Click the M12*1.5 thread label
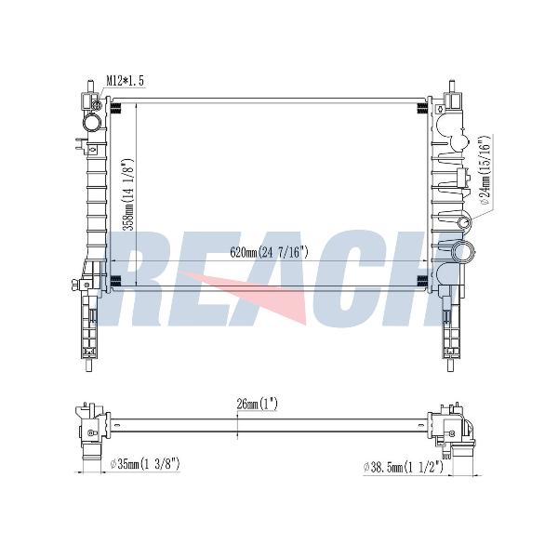(x=125, y=81)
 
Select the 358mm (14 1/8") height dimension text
(x=126, y=195)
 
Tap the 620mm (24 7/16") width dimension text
(x=270, y=252)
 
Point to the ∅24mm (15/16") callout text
(x=486, y=171)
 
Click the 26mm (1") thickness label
(x=257, y=405)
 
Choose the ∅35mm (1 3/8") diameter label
(x=145, y=464)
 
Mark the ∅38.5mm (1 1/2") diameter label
(x=404, y=467)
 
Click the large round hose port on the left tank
(x=92, y=122)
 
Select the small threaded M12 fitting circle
(x=96, y=105)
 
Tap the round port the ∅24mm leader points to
(x=464, y=223)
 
